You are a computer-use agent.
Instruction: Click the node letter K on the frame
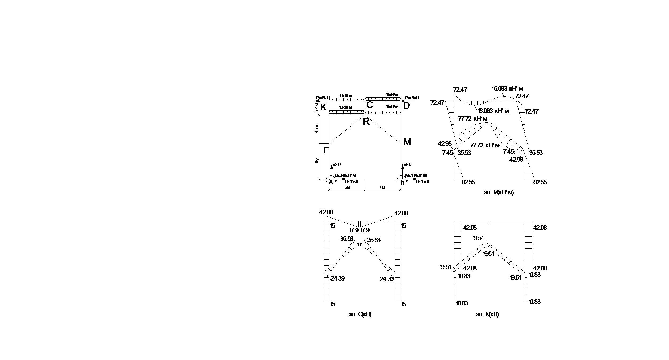click(324, 107)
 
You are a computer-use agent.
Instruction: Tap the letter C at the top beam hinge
click(370, 105)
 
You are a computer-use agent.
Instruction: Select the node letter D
click(407, 106)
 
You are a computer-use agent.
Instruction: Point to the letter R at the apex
click(366, 122)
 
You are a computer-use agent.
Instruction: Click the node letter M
click(407, 142)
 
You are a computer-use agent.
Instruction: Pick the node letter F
click(326, 150)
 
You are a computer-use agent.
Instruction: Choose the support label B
click(403, 183)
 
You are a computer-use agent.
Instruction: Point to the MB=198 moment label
click(416, 176)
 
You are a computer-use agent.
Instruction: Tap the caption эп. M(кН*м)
click(499, 192)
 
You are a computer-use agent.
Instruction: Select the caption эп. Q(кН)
click(360, 314)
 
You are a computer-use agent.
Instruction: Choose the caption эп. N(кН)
click(487, 314)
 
